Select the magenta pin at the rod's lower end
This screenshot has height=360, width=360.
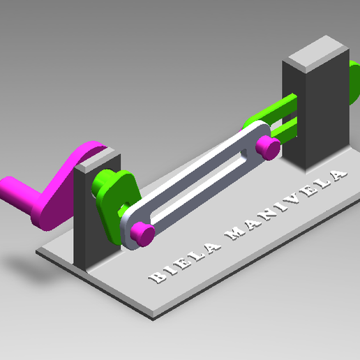pyautogui.click(x=144, y=232)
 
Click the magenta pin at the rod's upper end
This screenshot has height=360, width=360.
pyautogui.click(x=267, y=147)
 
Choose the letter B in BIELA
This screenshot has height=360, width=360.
pyautogui.click(x=154, y=278)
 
